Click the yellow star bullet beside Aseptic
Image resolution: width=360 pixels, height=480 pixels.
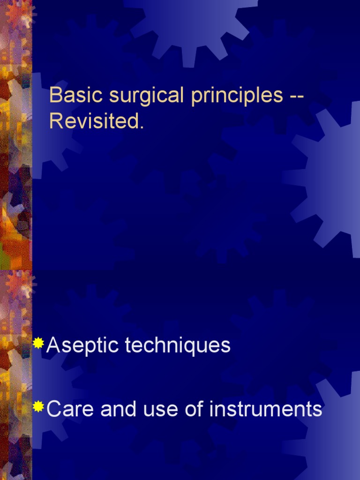[x=39, y=344]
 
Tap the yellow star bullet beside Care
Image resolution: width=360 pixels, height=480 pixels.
[x=39, y=406]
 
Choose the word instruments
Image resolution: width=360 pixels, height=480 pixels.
[x=266, y=409]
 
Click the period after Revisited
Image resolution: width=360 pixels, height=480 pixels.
[x=140, y=127]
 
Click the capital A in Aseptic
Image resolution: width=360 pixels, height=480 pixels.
[x=53, y=346]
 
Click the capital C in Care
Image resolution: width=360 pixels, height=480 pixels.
[x=55, y=409]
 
